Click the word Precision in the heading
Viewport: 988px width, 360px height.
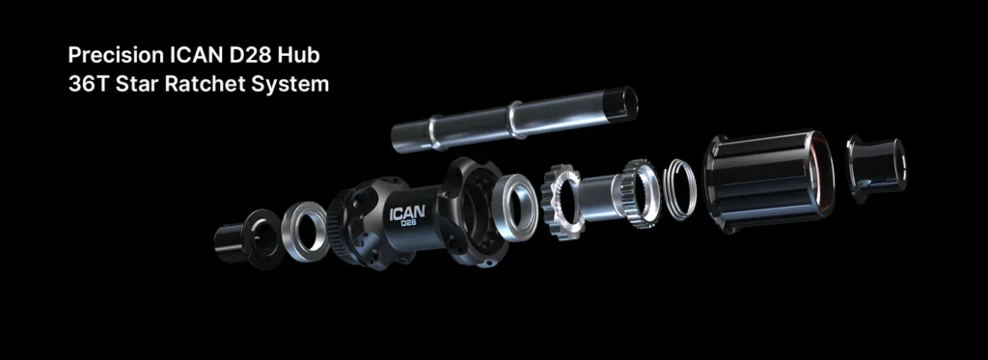tap(116, 55)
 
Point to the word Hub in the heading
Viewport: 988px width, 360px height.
tap(300, 55)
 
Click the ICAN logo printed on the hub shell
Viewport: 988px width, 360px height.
tap(407, 212)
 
